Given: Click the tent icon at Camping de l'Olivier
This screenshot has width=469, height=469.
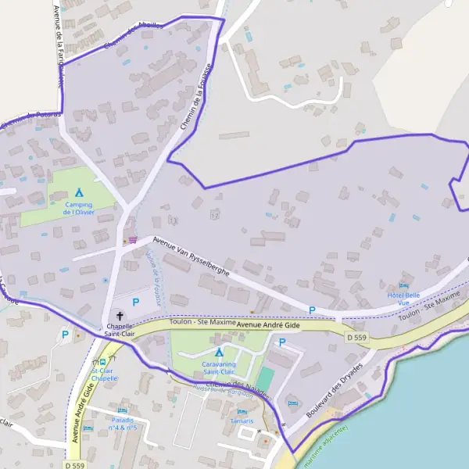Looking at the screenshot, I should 79,192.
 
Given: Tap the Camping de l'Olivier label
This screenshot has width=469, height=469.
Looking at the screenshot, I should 79,208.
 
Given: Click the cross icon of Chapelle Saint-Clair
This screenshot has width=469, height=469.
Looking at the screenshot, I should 119,314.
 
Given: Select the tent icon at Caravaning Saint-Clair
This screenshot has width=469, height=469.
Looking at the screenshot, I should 219,352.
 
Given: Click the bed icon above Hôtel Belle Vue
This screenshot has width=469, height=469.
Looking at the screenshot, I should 403,285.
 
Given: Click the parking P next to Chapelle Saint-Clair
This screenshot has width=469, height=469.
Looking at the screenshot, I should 135,302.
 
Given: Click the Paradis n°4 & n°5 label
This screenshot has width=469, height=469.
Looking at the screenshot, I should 124,424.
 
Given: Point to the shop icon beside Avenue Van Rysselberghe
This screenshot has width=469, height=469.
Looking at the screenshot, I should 132,239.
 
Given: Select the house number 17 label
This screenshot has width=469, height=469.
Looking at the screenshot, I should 215,215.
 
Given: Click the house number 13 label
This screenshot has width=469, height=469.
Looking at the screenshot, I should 173,220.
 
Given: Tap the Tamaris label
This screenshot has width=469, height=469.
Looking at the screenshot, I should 242,421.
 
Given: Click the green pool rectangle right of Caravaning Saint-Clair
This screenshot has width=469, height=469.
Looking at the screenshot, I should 266,379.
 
